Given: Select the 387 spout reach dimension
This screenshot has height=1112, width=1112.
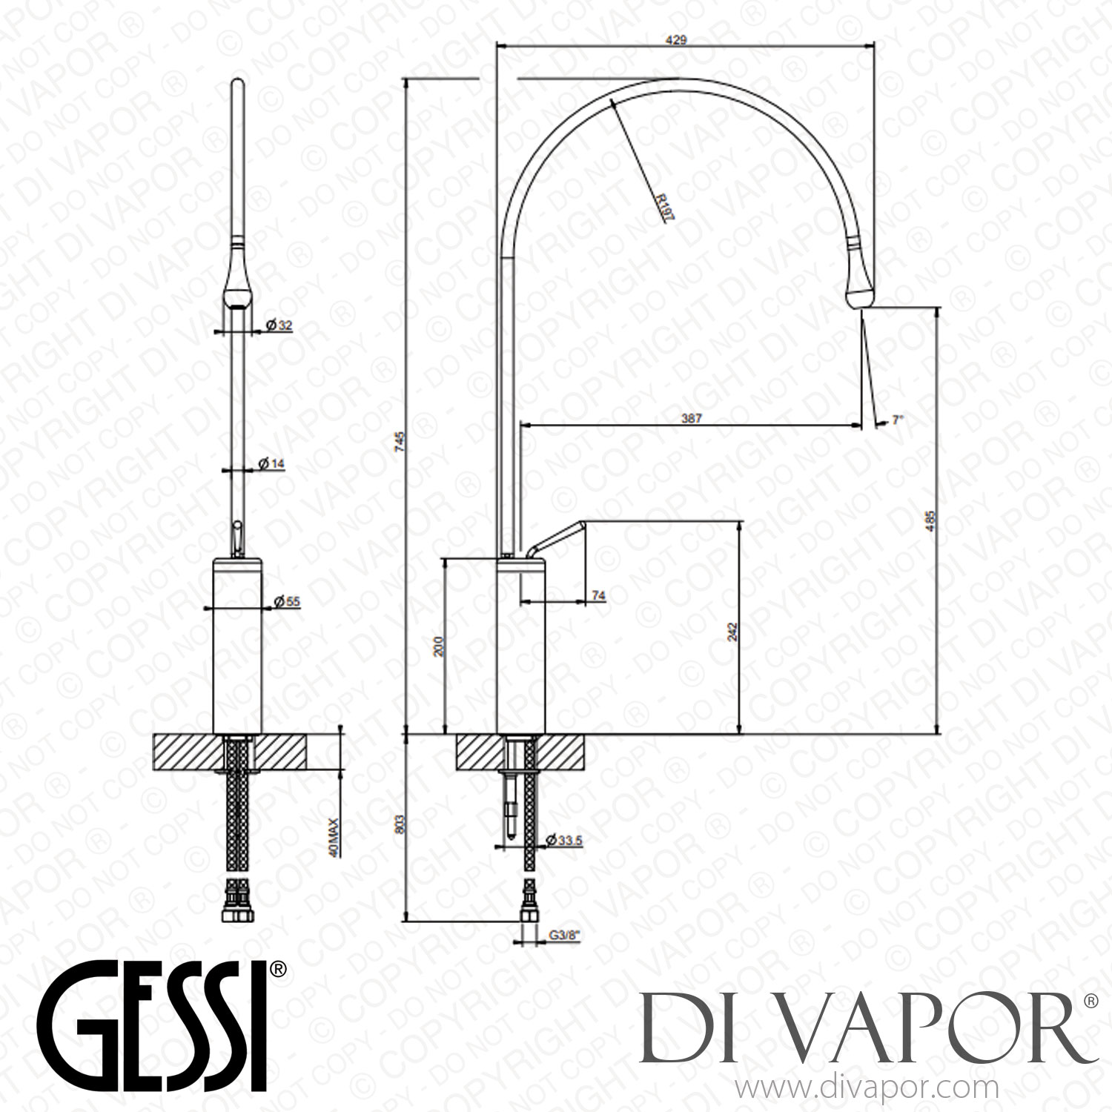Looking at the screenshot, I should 691,419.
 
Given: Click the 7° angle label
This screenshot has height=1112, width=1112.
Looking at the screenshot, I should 898,420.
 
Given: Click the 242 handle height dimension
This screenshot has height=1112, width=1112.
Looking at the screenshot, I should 733,630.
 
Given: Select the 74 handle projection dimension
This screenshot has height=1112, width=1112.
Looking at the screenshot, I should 599,595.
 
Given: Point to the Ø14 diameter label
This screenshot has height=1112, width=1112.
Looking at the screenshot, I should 271,463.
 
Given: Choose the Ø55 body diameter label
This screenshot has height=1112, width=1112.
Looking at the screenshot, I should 288,602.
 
